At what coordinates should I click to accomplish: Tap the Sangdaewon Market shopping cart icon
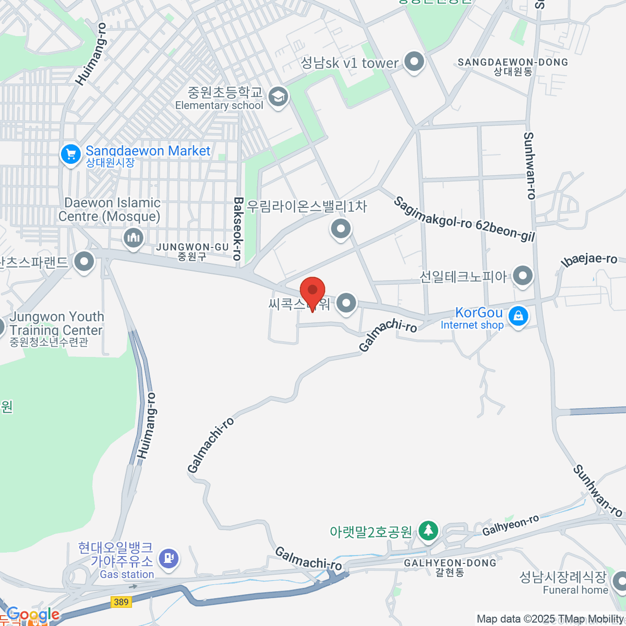point(70,154)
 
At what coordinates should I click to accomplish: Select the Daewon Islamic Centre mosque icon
point(134,238)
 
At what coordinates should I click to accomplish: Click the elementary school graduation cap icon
point(278,97)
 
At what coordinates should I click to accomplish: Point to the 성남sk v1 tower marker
point(414,62)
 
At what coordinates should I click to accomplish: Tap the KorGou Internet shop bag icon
point(518,316)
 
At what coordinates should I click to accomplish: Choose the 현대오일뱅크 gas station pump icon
point(168,558)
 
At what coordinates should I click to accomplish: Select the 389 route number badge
point(121,602)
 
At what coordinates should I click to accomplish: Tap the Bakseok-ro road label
point(238,228)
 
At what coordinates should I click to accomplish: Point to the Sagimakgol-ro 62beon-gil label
point(464,220)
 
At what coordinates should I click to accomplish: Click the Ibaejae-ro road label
point(589,260)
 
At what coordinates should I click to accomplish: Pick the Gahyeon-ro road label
point(510,525)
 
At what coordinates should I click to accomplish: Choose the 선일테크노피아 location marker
point(522,275)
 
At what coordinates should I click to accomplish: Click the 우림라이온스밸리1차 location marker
point(341,228)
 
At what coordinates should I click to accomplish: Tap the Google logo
point(32,615)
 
